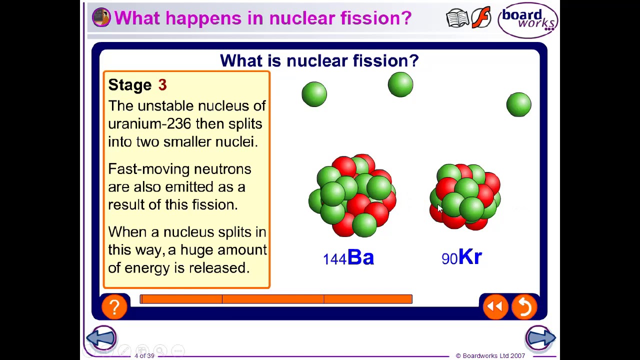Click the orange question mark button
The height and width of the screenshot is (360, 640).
tap(114, 306)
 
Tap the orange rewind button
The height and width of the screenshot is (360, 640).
tap(495, 306)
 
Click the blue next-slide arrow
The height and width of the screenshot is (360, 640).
tap(540, 338)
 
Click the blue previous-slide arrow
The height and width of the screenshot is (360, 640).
tap(101, 338)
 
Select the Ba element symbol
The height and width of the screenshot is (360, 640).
tap(360, 257)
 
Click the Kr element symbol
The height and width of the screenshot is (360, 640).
tap(470, 257)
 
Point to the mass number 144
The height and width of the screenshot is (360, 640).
tap(334, 259)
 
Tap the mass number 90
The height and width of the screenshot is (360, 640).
tap(449, 259)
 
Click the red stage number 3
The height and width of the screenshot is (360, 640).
tap(162, 85)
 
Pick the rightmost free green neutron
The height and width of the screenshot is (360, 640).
tap(518, 104)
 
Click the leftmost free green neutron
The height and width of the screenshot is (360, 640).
tap(314, 94)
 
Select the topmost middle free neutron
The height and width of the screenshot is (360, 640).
tap(400, 84)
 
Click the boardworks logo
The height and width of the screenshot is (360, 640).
tap(528, 20)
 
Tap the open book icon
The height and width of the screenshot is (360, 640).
tap(457, 18)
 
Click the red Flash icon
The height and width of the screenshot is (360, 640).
tap(481, 18)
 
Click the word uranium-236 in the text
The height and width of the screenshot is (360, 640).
tap(149, 124)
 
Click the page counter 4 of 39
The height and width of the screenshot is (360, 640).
tap(144, 355)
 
